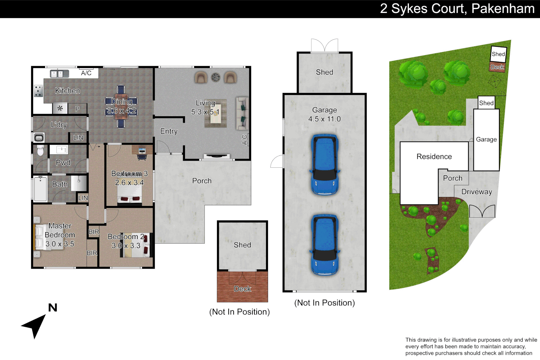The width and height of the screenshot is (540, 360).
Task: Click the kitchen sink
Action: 59,74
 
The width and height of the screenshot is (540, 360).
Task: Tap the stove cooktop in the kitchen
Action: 38,91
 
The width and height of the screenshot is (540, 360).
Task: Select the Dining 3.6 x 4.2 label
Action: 121,106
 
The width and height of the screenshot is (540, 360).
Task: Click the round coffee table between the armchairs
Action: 216,77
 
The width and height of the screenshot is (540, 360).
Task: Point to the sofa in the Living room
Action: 242,113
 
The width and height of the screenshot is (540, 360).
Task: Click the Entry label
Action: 169,131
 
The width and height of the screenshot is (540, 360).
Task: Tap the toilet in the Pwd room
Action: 40,151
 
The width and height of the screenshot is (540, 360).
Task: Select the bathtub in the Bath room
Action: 41,189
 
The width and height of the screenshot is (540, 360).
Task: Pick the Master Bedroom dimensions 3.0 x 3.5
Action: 60,244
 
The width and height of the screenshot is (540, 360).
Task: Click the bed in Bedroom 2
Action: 135,245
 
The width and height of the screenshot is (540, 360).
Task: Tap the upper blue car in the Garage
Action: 325,164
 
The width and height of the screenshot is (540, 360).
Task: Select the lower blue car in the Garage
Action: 325,244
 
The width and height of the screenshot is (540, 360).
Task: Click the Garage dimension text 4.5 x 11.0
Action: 324,119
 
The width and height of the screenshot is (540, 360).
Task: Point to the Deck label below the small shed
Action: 242,289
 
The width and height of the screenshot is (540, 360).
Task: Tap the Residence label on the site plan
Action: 434,157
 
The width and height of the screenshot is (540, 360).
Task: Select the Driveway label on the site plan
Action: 476,192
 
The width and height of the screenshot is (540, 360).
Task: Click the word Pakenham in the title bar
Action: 503,9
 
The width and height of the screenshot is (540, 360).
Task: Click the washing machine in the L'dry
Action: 39,138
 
